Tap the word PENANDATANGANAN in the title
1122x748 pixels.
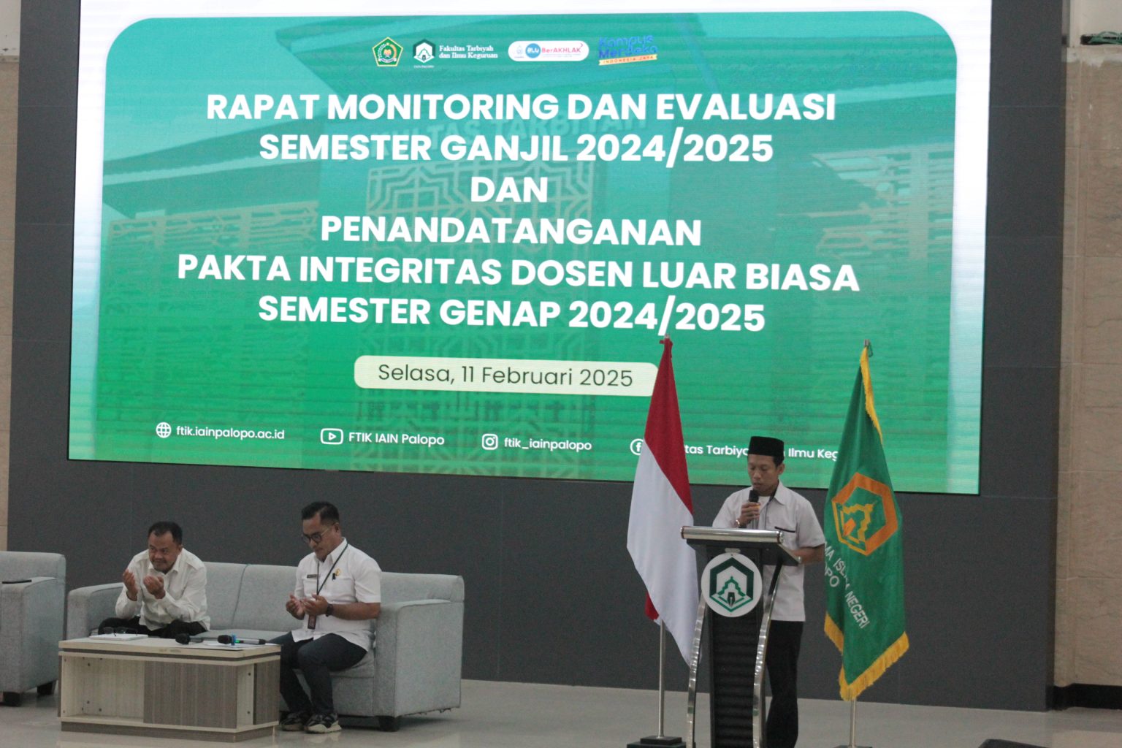pos(511,231)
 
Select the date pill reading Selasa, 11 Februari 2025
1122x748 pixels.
pos(505,375)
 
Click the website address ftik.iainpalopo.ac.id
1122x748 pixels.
pos(230,432)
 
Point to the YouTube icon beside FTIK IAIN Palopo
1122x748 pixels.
pos(331,437)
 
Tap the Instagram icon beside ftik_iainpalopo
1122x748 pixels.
pos(490,442)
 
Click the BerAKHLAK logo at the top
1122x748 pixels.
pos(549,50)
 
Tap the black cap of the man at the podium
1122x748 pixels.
pos(766,446)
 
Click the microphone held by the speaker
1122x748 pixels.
pos(752,497)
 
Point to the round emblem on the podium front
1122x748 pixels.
pos(731,584)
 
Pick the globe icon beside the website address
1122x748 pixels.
pos(164,430)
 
